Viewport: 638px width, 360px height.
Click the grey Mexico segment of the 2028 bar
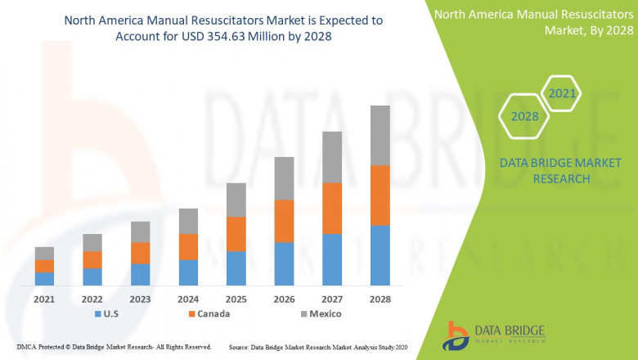coord(380,135)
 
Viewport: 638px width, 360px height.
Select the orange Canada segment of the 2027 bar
coord(332,208)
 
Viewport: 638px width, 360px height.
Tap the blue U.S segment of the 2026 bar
coord(284,263)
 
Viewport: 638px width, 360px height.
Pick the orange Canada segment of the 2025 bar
coord(236,234)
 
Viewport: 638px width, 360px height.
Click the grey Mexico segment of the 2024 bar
coord(188,221)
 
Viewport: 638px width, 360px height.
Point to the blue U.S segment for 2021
coord(44,278)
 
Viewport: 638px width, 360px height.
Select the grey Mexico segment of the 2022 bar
coord(92,242)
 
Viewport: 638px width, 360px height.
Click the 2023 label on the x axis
coord(140,299)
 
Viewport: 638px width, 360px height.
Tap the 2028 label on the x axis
coord(380,299)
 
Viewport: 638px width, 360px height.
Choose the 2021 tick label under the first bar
coord(44,299)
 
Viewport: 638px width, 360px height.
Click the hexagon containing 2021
coord(562,94)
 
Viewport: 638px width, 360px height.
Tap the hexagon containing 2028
coord(524,116)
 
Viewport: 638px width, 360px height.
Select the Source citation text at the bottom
coord(328,347)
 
